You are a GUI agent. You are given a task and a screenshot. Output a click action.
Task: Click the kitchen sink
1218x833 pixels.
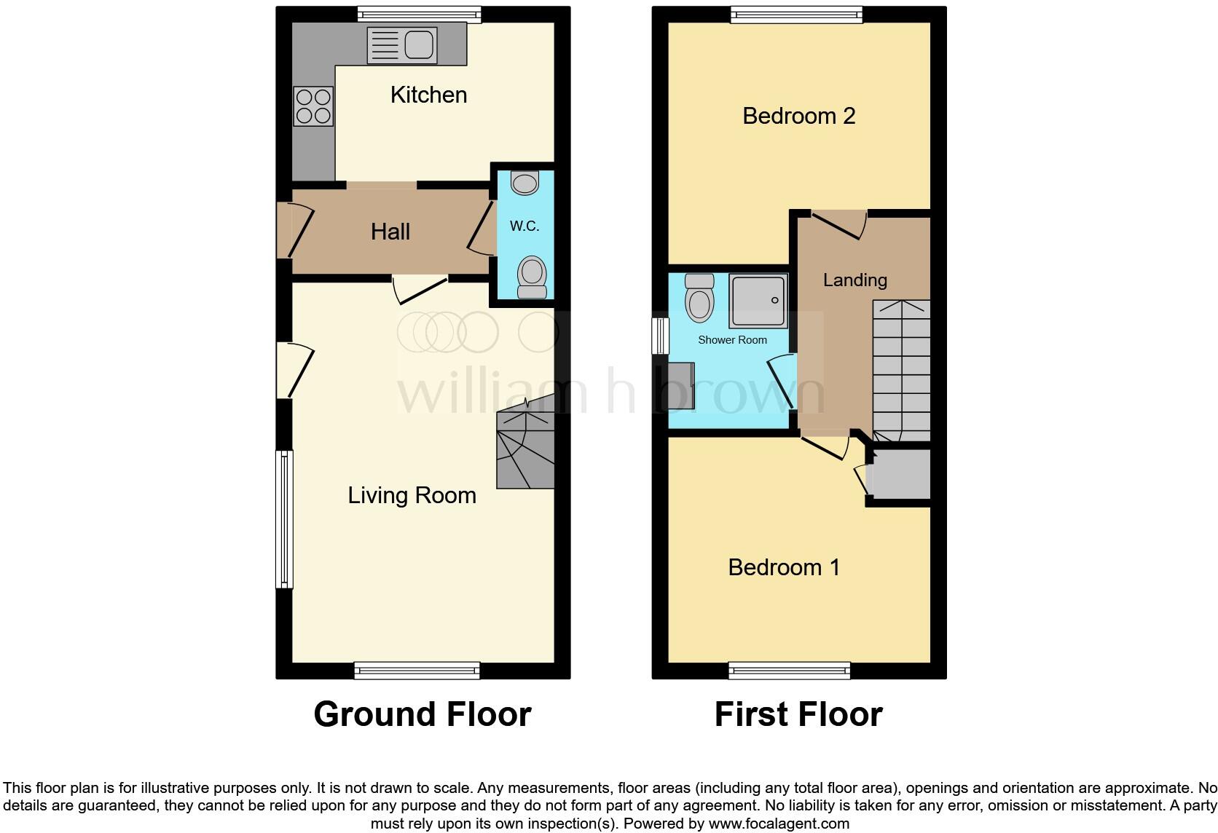403,45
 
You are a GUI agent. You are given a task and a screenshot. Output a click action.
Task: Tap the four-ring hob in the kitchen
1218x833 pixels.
314,106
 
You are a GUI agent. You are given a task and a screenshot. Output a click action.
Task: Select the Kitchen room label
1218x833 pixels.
428,95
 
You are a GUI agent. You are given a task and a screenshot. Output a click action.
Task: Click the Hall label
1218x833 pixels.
390,232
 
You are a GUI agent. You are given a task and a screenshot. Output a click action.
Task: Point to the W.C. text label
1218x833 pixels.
524,226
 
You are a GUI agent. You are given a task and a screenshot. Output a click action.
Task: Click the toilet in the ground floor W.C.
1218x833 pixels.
532,277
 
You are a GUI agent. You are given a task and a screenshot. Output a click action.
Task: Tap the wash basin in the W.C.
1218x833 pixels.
524,182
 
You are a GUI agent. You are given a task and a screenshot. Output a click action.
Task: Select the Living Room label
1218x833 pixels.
412,496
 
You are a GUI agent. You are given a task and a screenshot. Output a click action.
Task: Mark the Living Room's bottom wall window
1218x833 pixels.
417,670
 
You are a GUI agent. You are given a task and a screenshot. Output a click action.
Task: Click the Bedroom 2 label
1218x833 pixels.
798,116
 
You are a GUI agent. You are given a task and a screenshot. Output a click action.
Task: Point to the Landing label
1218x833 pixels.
854,280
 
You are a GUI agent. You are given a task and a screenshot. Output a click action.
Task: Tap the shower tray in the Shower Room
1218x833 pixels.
758,301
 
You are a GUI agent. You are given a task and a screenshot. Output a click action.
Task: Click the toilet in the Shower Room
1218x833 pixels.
700,299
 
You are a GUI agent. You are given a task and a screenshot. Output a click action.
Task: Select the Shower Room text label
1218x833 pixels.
732,340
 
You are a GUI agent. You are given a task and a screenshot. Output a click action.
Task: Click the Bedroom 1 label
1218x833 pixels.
784,567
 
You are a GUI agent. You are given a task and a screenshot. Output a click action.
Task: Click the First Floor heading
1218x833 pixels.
798,714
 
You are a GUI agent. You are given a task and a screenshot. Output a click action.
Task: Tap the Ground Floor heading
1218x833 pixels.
423,714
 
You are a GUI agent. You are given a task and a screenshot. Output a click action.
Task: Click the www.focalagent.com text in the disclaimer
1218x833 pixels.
779,824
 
